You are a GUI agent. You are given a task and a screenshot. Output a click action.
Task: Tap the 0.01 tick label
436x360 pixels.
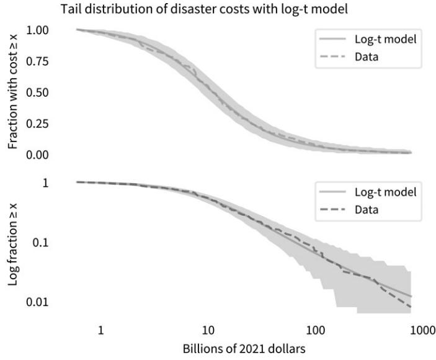point(42,302)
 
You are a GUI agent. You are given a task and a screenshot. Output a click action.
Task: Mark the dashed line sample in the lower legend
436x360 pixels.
point(330,209)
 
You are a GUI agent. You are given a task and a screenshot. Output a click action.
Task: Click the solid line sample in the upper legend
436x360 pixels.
point(330,40)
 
